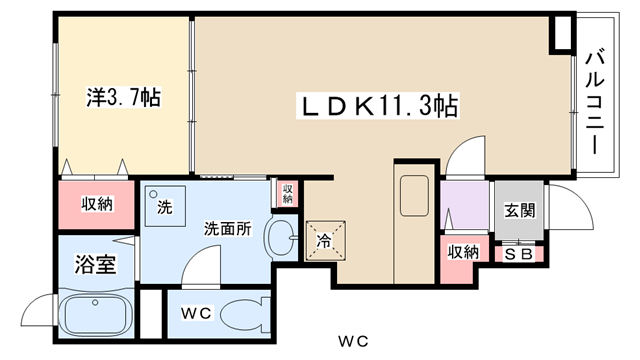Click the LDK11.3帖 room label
378,106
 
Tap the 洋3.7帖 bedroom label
124,97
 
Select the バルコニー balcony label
594,102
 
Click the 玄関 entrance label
520,211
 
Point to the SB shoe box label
519,254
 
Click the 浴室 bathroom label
96,264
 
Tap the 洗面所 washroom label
228,229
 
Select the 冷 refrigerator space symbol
326,240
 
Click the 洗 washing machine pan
165,207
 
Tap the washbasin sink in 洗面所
282,238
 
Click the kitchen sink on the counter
414,196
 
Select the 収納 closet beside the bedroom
97,204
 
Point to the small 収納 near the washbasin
288,194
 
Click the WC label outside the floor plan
353,341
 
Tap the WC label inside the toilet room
196,313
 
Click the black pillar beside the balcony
562,33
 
